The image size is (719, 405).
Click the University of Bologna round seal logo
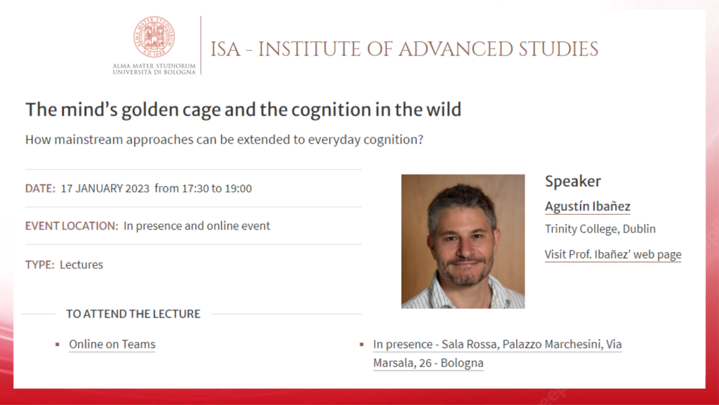154,36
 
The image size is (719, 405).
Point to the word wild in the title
444,109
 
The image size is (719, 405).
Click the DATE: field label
40,188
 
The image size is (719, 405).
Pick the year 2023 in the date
138,188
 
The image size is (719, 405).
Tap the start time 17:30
195,188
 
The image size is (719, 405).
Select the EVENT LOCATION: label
72,226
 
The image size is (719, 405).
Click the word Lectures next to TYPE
81,265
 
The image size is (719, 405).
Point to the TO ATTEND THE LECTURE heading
133,314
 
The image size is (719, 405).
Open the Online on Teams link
112,345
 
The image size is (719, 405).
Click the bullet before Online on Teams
58,345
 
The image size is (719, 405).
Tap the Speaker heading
573,181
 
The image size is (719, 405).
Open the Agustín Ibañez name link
588,206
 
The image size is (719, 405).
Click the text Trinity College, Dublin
600,229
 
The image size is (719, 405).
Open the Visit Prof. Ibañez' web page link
613,255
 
